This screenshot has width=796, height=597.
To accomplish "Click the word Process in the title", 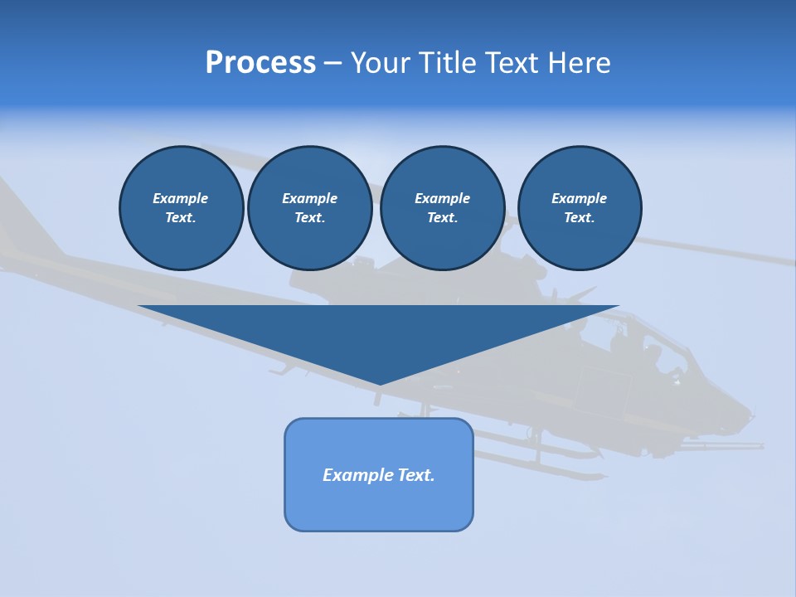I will point(260,63).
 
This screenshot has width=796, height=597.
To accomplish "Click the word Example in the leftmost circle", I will point(181,198).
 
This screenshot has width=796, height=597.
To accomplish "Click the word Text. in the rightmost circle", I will point(579,217).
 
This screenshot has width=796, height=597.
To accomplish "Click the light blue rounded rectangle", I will point(379,506).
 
